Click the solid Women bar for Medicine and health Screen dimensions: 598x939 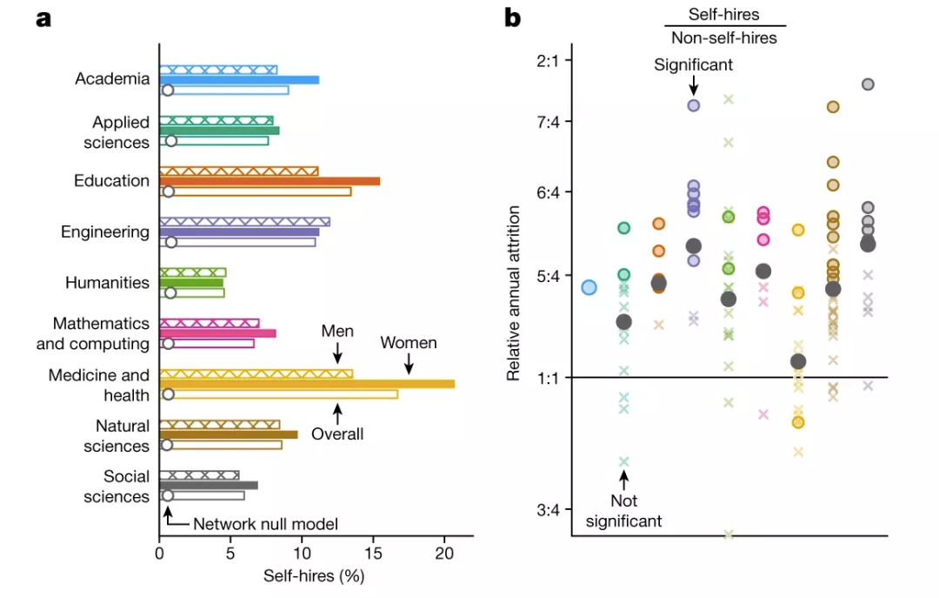click(x=307, y=384)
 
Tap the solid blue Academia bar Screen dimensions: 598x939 click(x=239, y=79)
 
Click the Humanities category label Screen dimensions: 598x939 click(x=107, y=283)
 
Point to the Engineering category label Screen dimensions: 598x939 click(x=104, y=232)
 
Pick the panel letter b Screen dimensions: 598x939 click(x=512, y=17)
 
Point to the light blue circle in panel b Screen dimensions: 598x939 click(x=589, y=287)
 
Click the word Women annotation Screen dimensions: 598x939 click(x=409, y=343)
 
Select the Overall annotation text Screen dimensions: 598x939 click(x=338, y=433)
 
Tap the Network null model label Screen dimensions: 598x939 click(x=265, y=524)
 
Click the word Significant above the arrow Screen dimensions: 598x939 click(x=694, y=64)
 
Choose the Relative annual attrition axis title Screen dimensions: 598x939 click(x=514, y=293)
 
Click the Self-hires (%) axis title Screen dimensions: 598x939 click(x=313, y=576)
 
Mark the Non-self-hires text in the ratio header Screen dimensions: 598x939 click(x=724, y=38)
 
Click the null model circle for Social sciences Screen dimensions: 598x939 click(x=168, y=496)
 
